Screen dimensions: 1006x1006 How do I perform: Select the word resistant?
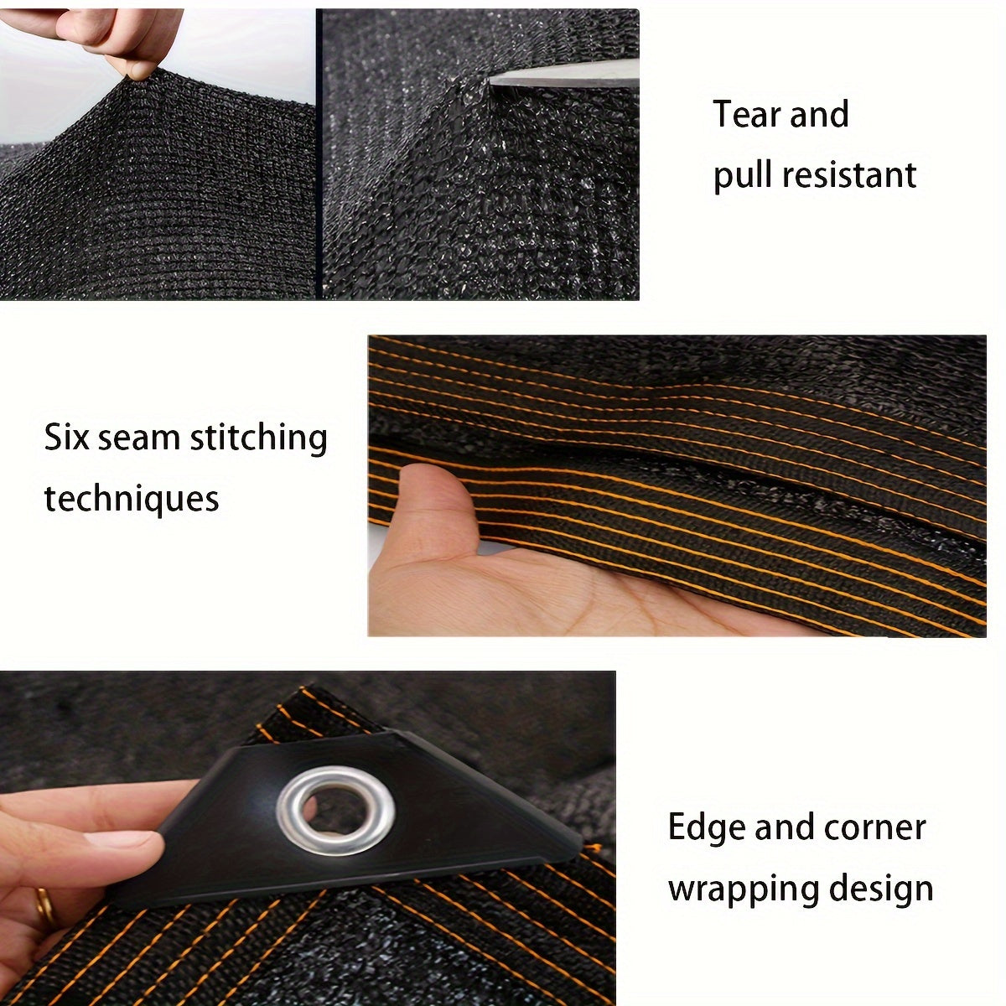pyautogui.click(x=848, y=175)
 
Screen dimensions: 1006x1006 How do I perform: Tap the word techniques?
pyautogui.click(x=132, y=499)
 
